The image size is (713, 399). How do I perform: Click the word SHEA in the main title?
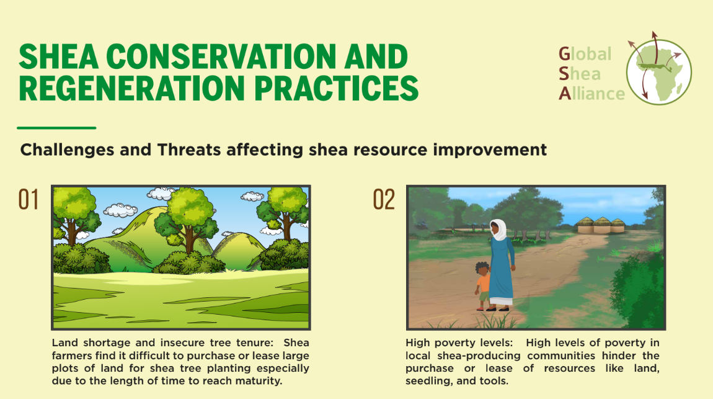coord(59,57)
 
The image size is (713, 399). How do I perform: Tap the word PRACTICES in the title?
coord(336,88)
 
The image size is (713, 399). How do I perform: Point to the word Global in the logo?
coord(585,54)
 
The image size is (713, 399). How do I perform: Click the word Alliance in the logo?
coord(591,93)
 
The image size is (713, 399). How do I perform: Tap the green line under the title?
coord(56,128)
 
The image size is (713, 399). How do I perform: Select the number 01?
coord(28,200)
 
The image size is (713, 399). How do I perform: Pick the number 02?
coord(384,200)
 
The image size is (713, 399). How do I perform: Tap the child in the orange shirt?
coord(482,286)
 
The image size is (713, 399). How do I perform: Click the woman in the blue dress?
coord(501,266)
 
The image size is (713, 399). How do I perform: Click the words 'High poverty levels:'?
coord(459,343)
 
